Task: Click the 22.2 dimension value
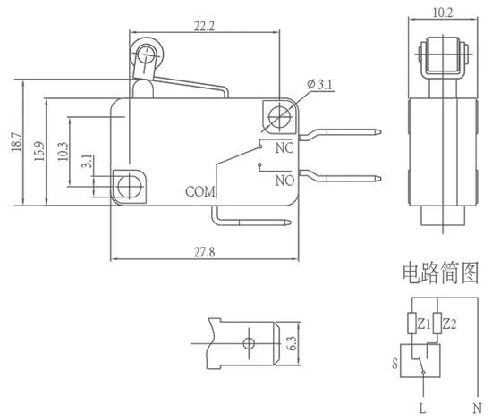click(204, 26)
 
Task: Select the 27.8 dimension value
click(204, 252)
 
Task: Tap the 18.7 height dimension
click(16, 142)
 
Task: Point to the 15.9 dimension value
click(39, 151)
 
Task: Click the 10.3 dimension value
click(63, 151)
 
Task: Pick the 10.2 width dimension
click(443, 13)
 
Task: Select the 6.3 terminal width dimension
click(292, 343)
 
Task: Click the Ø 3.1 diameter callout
click(319, 84)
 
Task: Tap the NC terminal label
click(284, 148)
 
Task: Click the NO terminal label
click(284, 181)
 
